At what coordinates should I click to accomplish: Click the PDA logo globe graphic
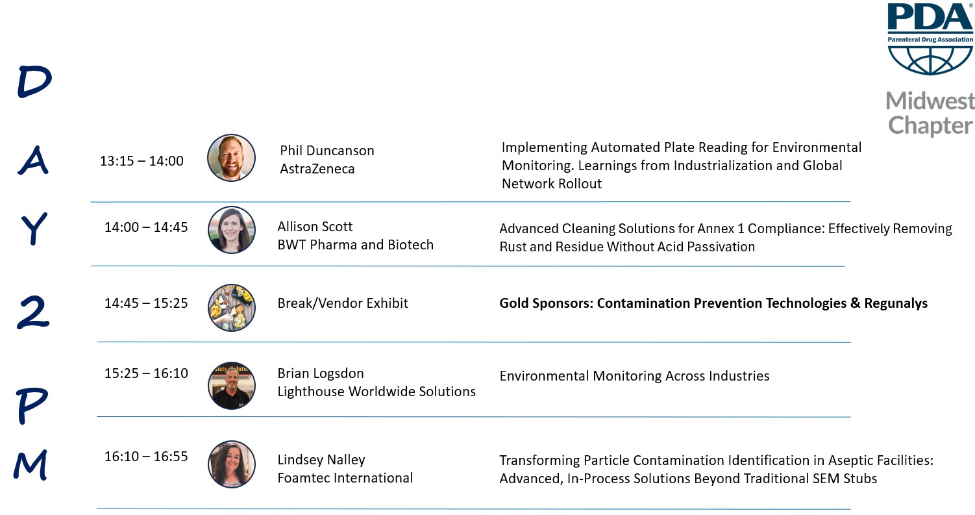tap(930, 60)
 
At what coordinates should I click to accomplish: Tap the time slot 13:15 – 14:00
tap(142, 161)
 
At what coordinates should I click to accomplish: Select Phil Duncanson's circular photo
tap(231, 158)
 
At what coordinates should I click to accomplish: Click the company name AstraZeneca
tap(317, 169)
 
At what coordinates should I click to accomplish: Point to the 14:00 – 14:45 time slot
tap(146, 227)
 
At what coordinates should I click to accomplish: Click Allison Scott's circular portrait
tap(232, 230)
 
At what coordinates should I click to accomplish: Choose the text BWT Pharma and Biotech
tap(355, 245)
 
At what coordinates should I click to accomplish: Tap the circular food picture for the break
tap(232, 308)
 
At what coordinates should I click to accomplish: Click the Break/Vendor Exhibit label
tap(343, 303)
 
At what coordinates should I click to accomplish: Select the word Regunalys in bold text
tap(896, 303)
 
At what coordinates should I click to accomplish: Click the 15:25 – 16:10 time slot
tap(146, 373)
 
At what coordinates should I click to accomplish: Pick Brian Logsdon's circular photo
tap(232, 386)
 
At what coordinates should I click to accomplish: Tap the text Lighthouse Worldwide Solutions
tap(376, 392)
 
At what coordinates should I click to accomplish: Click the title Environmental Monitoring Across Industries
tap(634, 375)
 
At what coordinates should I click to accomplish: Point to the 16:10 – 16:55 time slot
tap(146, 457)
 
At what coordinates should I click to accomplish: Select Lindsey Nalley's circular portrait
tap(232, 464)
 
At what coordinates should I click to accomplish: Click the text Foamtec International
tap(345, 478)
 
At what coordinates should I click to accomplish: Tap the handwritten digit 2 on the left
tap(33, 312)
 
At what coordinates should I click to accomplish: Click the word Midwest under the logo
tap(930, 101)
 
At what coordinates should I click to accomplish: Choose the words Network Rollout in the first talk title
tap(552, 184)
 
